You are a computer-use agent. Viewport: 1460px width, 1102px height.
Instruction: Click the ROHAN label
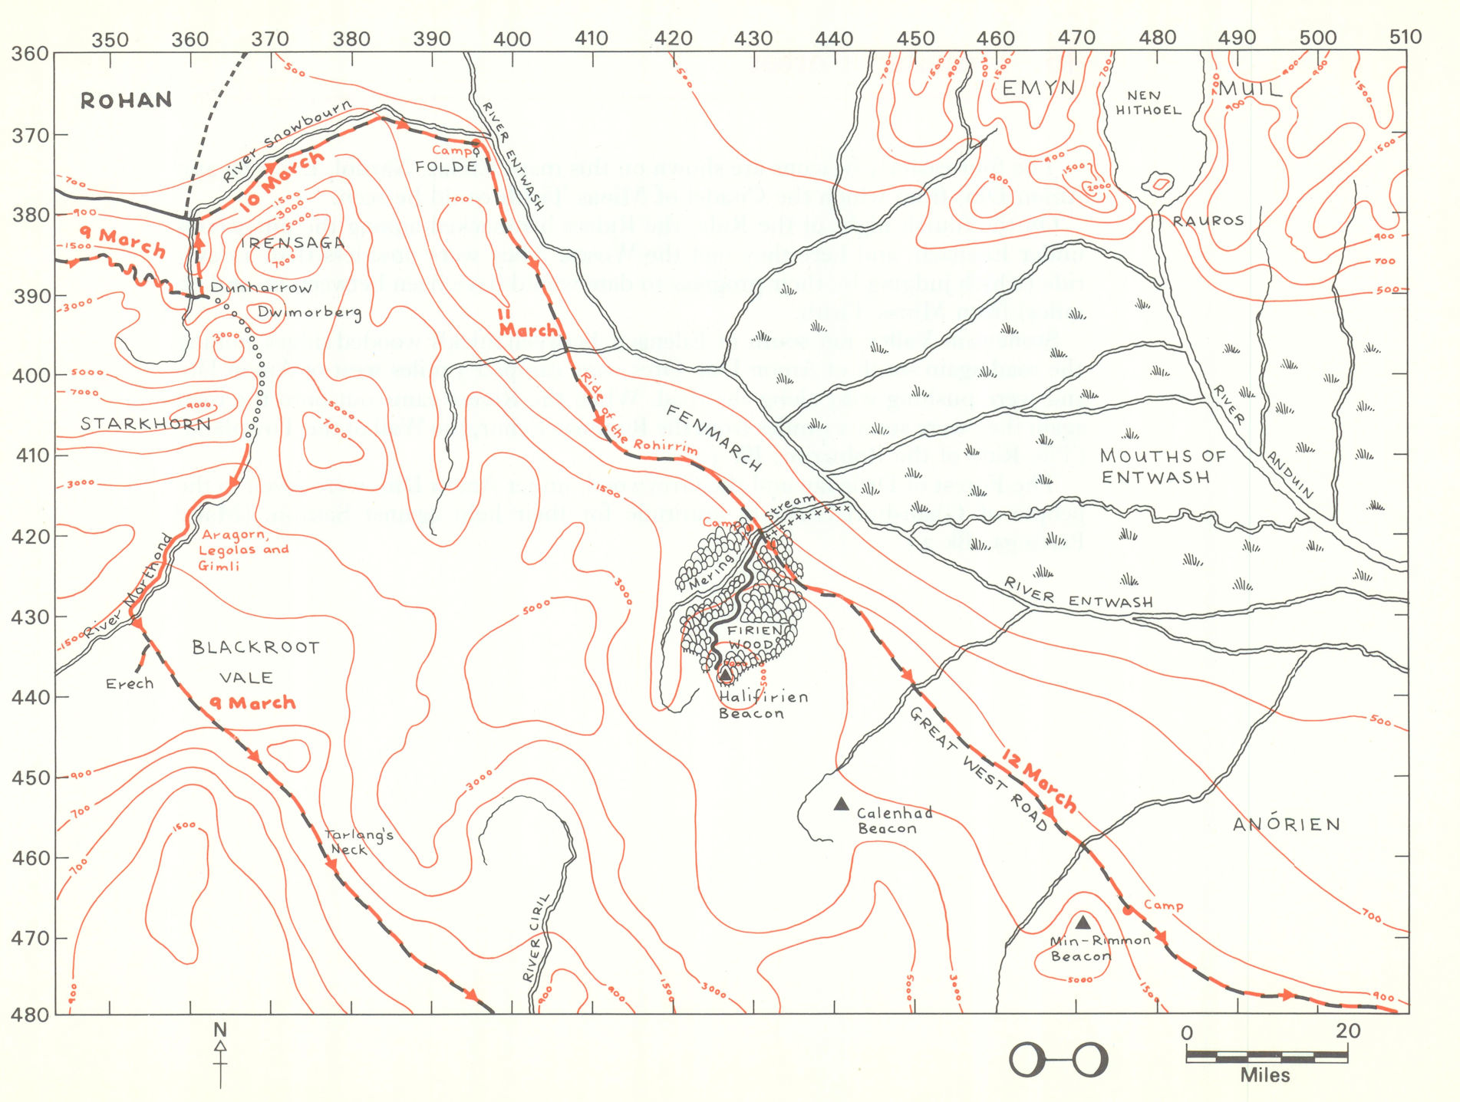tap(126, 100)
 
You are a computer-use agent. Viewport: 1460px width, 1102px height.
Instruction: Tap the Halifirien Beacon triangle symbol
tap(725, 675)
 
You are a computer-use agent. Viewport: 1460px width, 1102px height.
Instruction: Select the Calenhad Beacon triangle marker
tap(841, 804)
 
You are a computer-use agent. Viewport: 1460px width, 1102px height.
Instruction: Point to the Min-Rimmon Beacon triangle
tap(1083, 922)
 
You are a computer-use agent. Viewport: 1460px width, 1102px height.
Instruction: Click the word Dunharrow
tap(261, 288)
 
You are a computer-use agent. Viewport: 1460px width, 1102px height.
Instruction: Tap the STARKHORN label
tap(145, 423)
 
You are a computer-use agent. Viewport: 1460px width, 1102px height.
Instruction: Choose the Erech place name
tap(129, 683)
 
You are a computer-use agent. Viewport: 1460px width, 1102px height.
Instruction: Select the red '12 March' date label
tap(1040, 780)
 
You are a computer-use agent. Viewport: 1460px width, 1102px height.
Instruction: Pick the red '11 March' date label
tap(528, 323)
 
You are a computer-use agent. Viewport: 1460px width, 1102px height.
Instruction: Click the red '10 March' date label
tap(282, 182)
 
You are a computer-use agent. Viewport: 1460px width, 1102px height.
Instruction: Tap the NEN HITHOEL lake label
tap(1148, 103)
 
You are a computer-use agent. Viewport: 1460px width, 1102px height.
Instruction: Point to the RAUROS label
tap(1208, 221)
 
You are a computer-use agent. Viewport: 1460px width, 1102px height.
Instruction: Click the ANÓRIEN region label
tap(1287, 824)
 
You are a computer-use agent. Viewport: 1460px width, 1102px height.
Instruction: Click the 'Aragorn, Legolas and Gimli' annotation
tap(242, 550)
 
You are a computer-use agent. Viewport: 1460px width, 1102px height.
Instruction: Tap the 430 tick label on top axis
tap(753, 38)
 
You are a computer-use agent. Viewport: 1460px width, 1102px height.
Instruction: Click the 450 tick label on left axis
tap(31, 778)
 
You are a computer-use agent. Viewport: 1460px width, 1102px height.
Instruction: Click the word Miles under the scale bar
tap(1264, 1075)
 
